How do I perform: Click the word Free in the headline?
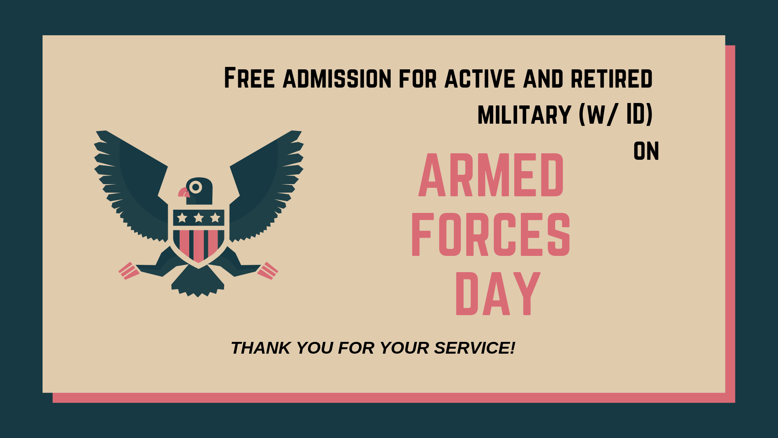pos(249,78)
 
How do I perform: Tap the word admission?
pos(337,79)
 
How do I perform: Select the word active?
pos(480,79)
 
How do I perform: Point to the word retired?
pos(611,79)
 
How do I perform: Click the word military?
pos(524,115)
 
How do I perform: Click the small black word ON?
pos(646,151)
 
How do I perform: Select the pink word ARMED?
pos(491,175)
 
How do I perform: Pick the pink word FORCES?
pos(491,234)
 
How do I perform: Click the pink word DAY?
pos(498,294)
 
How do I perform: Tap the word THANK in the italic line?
pos(261,348)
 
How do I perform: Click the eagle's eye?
pos(196,187)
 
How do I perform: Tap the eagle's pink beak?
pos(184,192)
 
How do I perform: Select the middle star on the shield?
pos(199,218)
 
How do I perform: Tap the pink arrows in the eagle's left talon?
pos(129,271)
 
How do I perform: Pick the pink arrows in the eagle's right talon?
pos(268,271)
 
